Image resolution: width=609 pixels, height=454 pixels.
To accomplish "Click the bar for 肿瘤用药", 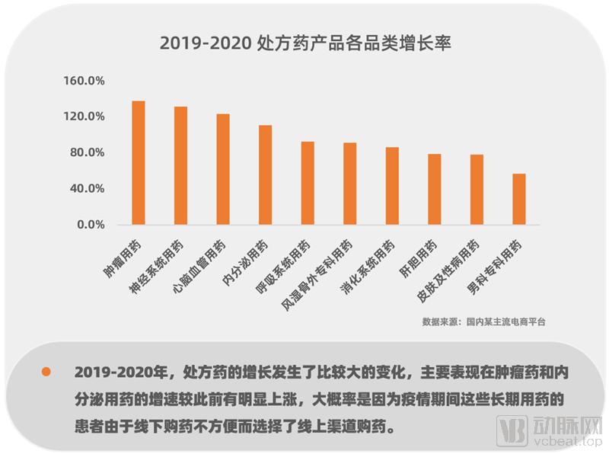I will coord(139,163).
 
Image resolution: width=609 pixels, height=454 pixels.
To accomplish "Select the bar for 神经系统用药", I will coord(180,165).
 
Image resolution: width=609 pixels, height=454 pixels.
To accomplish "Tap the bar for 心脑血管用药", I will coord(223,169).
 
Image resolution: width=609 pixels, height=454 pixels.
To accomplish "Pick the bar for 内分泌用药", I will coord(265,174).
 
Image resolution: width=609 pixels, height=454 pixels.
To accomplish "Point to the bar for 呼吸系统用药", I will coord(308,183).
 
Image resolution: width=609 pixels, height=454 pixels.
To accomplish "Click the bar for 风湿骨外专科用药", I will coord(349,184).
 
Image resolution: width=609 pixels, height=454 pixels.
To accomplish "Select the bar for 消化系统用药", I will coord(392,186).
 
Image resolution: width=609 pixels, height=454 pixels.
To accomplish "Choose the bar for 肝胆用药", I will coord(434,189).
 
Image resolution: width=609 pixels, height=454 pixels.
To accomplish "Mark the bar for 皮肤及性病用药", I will coord(477,190).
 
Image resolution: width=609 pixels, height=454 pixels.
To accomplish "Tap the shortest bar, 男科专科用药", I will coord(518,199).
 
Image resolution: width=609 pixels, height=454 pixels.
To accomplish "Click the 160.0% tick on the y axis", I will coord(84,81).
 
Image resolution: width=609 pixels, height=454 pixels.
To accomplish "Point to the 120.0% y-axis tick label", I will coord(84,117).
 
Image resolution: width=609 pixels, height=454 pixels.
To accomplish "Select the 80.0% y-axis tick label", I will coord(88,152).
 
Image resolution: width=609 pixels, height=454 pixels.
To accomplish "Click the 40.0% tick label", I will coord(88,188).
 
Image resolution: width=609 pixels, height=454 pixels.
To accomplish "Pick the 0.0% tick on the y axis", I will coord(91,225).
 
